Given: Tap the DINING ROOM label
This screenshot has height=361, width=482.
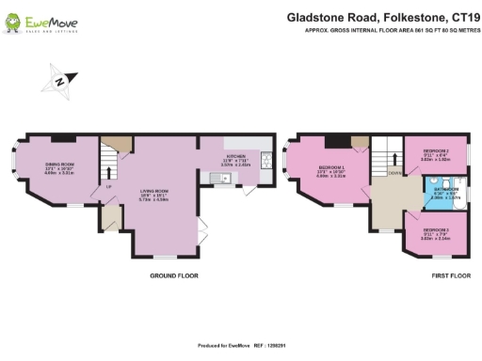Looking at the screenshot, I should click(x=59, y=166).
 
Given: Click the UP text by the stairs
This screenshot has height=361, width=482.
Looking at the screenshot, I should click(x=109, y=186).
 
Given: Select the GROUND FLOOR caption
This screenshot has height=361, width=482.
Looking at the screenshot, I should click(x=173, y=275).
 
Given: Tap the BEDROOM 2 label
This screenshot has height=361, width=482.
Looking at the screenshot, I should click(x=435, y=152).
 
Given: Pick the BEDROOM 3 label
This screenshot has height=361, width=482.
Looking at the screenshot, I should click(x=435, y=230).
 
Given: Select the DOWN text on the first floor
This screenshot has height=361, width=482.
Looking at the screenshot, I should click(x=394, y=173).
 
